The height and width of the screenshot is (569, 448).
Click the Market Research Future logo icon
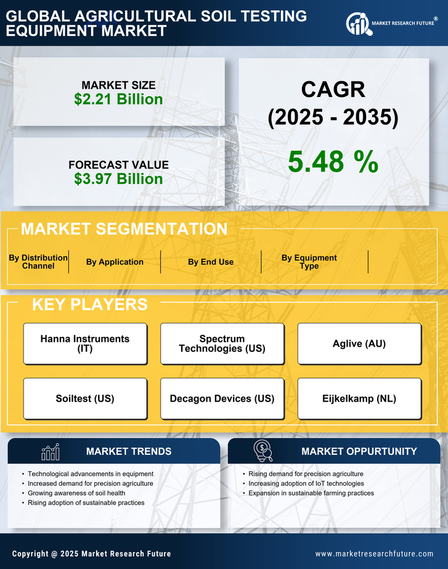pyautogui.click(x=358, y=23)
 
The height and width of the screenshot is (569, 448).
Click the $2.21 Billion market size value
pyautogui.click(x=118, y=99)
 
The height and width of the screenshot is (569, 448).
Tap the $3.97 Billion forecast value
pyautogui.click(x=118, y=179)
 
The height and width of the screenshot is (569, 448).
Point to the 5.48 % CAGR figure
pyautogui.click(x=333, y=162)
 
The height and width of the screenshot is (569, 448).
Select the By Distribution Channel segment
pyautogui.click(x=38, y=262)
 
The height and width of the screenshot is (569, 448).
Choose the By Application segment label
pyautogui.click(x=115, y=262)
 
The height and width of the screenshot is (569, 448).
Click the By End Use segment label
pyautogui.click(x=211, y=262)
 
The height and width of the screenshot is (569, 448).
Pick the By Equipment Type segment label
pyautogui.click(x=309, y=262)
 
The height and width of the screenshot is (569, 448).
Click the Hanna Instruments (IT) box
pyautogui.click(x=85, y=343)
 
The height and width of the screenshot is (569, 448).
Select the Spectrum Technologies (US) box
pyautogui.click(x=222, y=343)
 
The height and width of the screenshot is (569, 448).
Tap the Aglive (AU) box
pyautogui.click(x=359, y=343)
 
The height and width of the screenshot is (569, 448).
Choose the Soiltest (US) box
pyautogui.click(x=85, y=399)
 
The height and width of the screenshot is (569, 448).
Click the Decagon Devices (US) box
pyautogui.click(x=222, y=399)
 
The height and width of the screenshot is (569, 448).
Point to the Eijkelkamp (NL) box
pyautogui.click(x=359, y=399)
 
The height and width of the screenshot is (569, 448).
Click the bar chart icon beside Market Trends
pyautogui.click(x=51, y=452)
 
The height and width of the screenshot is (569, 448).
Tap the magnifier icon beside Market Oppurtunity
pyautogui.click(x=263, y=451)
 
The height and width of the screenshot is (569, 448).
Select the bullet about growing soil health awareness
pyautogui.click(x=77, y=493)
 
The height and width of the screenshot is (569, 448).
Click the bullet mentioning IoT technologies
pyautogui.click(x=306, y=483)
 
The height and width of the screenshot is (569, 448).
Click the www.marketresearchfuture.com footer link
pyautogui.click(x=374, y=554)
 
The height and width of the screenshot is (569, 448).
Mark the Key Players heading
pyautogui.click(x=89, y=304)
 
